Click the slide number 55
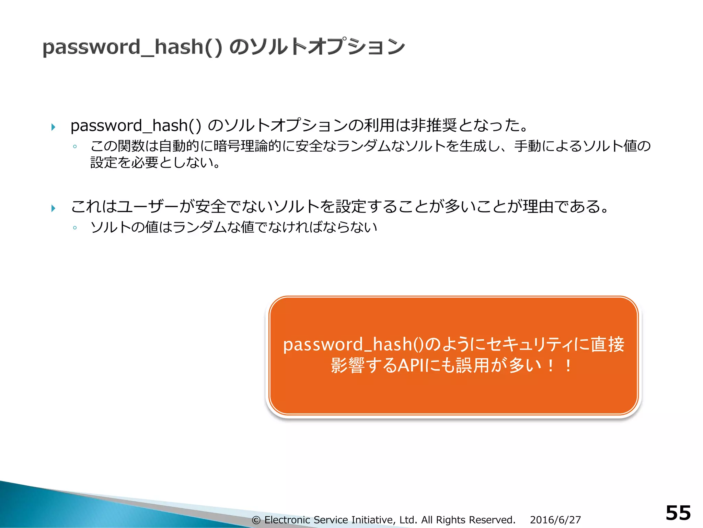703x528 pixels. click(x=678, y=513)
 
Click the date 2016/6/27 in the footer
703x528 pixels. click(x=555, y=520)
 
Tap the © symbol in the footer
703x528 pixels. click(x=256, y=520)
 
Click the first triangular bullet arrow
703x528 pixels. click(x=53, y=127)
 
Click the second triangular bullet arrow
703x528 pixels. click(x=53, y=208)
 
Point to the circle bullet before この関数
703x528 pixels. click(x=75, y=147)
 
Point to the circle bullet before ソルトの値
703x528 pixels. click(x=75, y=228)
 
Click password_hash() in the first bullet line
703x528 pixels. click(x=136, y=125)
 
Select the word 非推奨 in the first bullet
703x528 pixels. click(x=434, y=125)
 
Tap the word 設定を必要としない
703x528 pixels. click(x=151, y=162)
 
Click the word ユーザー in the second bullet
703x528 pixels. click(x=148, y=206)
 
